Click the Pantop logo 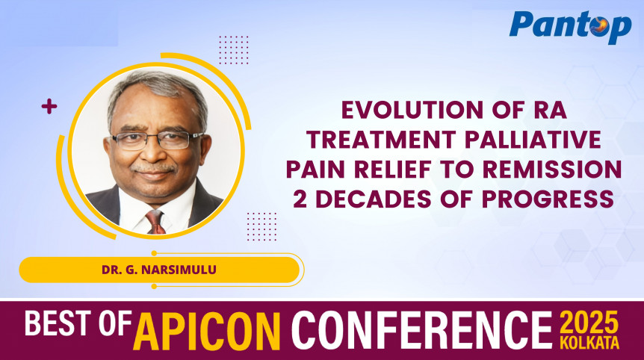pyautogui.click(x=569, y=28)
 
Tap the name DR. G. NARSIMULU pyautogui.click(x=159, y=270)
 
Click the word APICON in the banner pyautogui.click(x=211, y=329)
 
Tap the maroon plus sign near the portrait pyautogui.click(x=49, y=107)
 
